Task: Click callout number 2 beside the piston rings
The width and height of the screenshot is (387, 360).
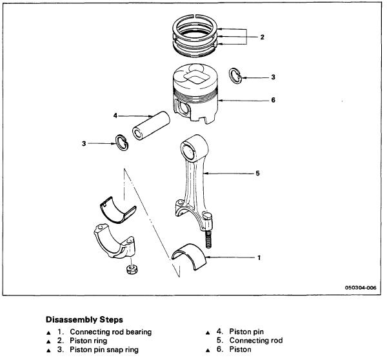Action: coord(262,37)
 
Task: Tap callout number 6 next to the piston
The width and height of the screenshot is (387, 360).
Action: coord(273,100)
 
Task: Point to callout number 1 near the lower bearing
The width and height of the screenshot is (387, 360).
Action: coord(259,258)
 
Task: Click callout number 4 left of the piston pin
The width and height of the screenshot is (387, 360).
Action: coord(115,116)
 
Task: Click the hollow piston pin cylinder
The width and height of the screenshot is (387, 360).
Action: coord(150,126)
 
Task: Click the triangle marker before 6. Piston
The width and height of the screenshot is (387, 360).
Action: coord(208,349)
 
